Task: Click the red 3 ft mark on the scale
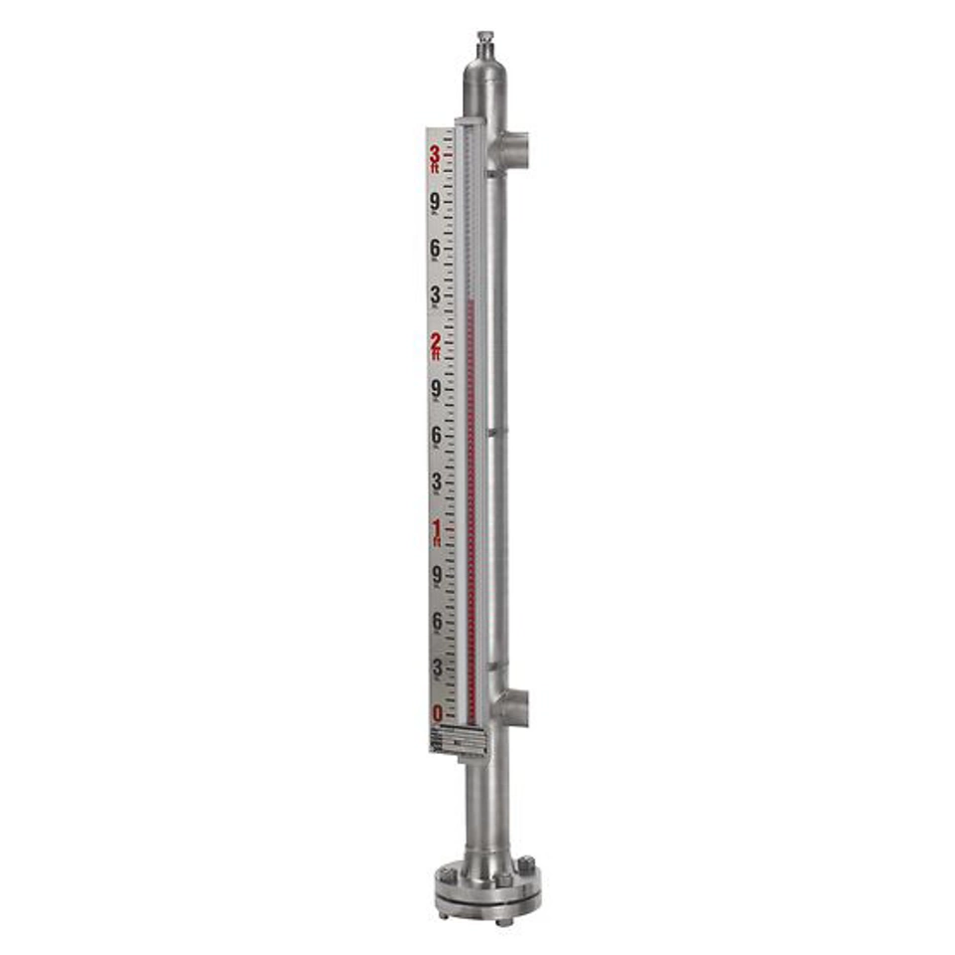[x=436, y=157]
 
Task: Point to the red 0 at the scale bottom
[x=437, y=713]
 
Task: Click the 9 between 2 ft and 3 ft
[x=435, y=203]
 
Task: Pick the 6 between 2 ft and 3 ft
[x=435, y=249]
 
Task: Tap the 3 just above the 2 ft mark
[x=435, y=295]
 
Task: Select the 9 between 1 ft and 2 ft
[x=435, y=389]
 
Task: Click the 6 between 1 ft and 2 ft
[x=435, y=435]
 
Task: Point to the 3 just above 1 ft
[x=436, y=481]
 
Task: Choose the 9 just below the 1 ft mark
[x=436, y=574]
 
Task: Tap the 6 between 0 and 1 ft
[x=436, y=621]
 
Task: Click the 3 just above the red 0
[x=436, y=667]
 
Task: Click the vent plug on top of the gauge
[x=484, y=43]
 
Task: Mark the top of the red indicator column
[x=471, y=298]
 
